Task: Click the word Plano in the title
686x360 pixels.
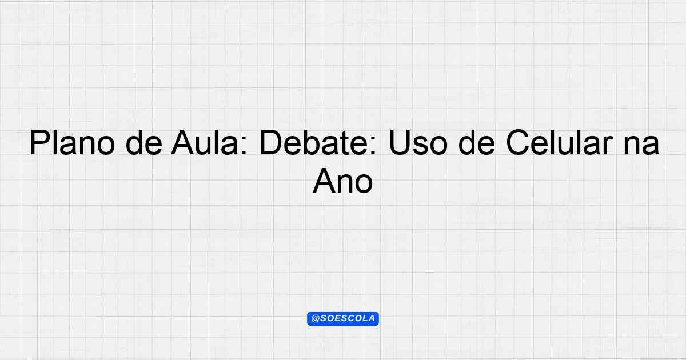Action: tap(72, 143)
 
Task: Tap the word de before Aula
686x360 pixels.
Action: tap(144, 143)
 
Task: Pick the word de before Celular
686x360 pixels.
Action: tap(477, 143)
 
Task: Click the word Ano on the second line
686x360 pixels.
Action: tap(342, 181)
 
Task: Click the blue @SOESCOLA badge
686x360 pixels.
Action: tap(343, 319)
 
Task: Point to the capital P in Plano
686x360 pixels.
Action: tap(40, 143)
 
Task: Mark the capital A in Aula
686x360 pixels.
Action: tap(183, 143)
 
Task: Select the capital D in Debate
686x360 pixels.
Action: tap(270, 143)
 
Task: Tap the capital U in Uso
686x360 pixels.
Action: tap(399, 143)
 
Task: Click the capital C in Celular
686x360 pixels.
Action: tap(517, 143)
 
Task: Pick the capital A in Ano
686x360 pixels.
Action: tap(325, 181)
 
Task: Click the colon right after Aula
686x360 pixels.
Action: tap(244, 146)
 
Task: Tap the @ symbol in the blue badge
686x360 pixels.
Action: tap(315, 319)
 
